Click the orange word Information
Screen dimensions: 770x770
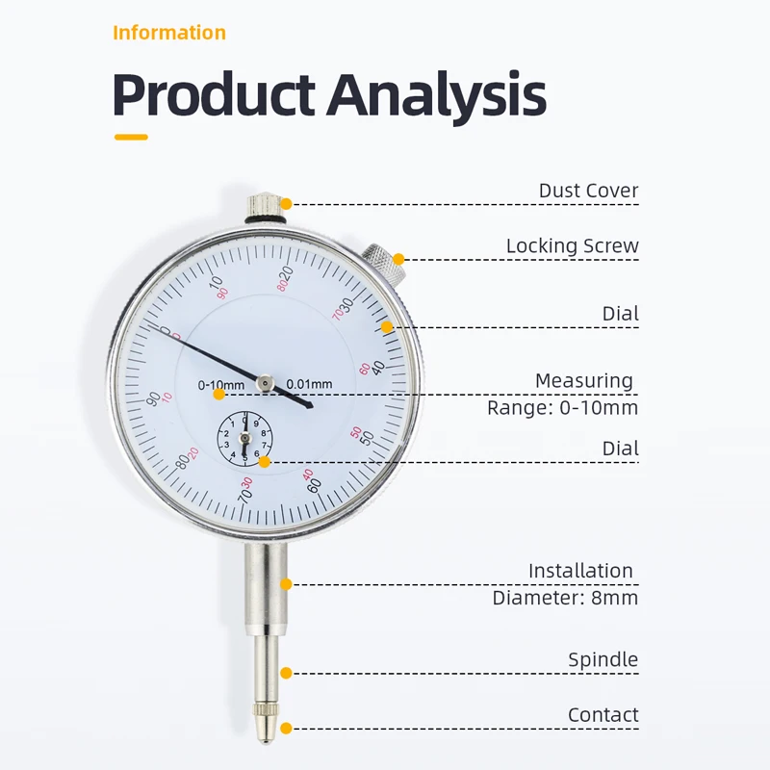pos(169,33)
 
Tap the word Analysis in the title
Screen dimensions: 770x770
pos(437,95)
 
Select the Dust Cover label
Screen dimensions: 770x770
pos(588,191)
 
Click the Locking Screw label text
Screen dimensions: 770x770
pos(572,246)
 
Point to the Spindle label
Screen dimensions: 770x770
pos(603,660)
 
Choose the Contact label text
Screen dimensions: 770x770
pos(603,715)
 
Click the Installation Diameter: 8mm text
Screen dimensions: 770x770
pos(565,584)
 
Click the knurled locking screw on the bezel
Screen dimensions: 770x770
pos(383,259)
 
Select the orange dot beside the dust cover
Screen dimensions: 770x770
pos(286,204)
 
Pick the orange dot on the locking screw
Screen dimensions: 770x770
pos(398,259)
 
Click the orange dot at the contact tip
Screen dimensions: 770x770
pos(286,729)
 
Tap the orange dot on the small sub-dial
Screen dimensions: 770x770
pos(264,462)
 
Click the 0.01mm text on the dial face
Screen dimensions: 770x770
pos(309,384)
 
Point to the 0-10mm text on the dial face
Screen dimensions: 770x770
pos(221,385)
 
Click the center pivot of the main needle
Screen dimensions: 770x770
pos(266,383)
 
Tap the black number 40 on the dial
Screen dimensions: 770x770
pos(378,368)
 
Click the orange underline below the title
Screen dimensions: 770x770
pos(131,137)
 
